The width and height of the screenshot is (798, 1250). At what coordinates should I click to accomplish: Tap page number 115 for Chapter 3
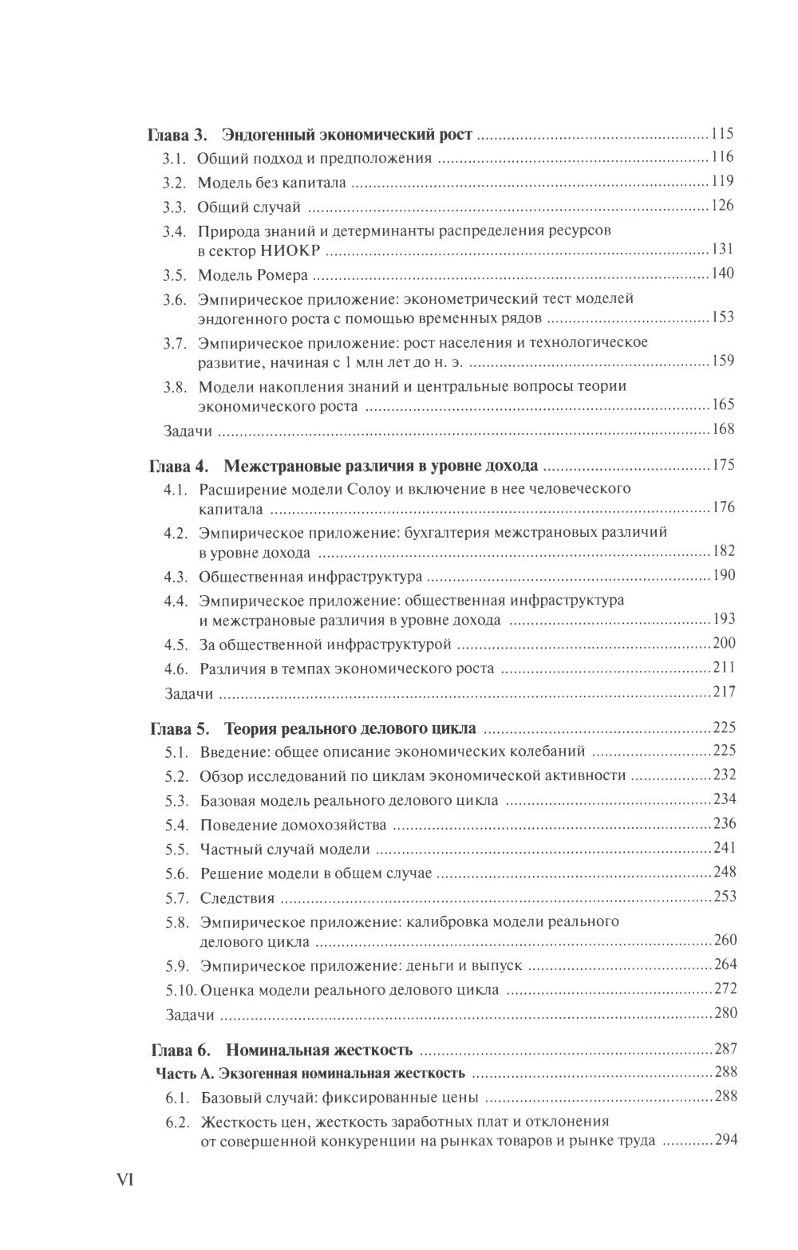coord(721,133)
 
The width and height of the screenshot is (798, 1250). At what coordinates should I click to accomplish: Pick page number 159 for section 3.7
coord(721,361)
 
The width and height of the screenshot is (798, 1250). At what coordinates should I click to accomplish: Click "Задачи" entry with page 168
coord(188,430)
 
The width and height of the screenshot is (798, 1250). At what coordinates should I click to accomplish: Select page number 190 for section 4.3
coord(721,575)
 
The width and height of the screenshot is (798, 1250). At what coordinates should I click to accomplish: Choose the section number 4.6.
coord(175,668)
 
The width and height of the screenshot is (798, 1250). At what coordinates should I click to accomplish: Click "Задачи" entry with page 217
coord(188,692)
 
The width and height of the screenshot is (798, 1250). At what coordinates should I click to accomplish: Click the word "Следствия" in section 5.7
coord(237,897)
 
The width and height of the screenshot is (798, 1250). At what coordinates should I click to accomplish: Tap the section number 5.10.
coord(179,990)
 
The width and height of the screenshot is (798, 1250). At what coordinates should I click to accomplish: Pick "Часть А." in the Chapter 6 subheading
coord(184,1073)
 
